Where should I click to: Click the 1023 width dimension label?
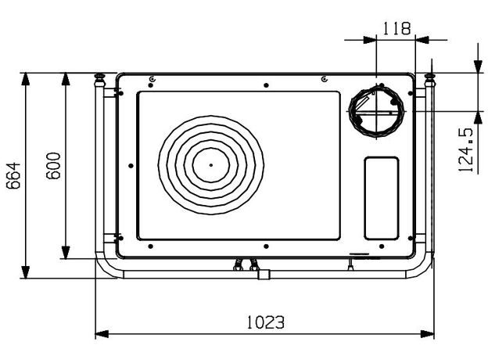pos(265,322)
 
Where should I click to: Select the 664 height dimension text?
pos(13,175)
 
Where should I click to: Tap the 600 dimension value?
pos(53,165)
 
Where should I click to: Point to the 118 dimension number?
pos(396,28)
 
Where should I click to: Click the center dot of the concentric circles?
pos(211,165)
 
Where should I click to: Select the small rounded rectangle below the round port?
pos(382,198)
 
